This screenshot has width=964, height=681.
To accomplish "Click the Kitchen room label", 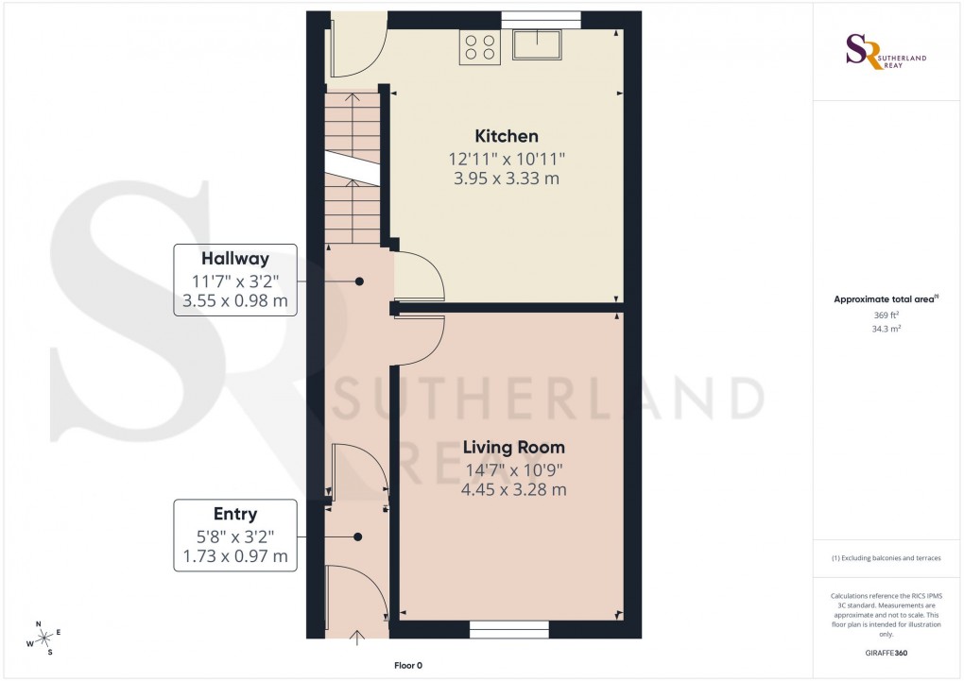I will pyautogui.click(x=507, y=136).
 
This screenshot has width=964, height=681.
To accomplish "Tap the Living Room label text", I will pyautogui.click(x=513, y=447).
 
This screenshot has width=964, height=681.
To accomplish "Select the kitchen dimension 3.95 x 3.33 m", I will pyautogui.click(x=507, y=179).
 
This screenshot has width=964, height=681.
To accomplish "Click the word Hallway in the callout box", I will pyautogui.click(x=235, y=258).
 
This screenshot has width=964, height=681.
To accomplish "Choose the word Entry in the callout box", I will pyautogui.click(x=235, y=514).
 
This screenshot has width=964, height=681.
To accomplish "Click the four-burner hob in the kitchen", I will pyautogui.click(x=480, y=47).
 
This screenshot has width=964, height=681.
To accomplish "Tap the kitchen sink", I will pyautogui.click(x=537, y=44).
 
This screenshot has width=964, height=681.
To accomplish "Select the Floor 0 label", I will pyautogui.click(x=408, y=666).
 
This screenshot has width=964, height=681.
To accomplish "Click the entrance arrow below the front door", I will pyautogui.click(x=357, y=638).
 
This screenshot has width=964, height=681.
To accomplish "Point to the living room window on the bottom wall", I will pyautogui.click(x=509, y=628).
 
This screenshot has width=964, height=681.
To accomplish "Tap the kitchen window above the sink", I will pyautogui.click(x=541, y=16).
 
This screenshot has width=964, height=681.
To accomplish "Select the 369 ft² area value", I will pyautogui.click(x=887, y=316).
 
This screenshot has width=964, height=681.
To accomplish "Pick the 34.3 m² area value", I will pyautogui.click(x=887, y=330).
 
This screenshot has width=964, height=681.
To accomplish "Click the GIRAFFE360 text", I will pyautogui.click(x=887, y=653).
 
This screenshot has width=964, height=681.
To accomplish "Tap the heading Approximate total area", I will pyautogui.click(x=885, y=299).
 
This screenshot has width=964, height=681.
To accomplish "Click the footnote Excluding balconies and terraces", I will pyautogui.click(x=887, y=558).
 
